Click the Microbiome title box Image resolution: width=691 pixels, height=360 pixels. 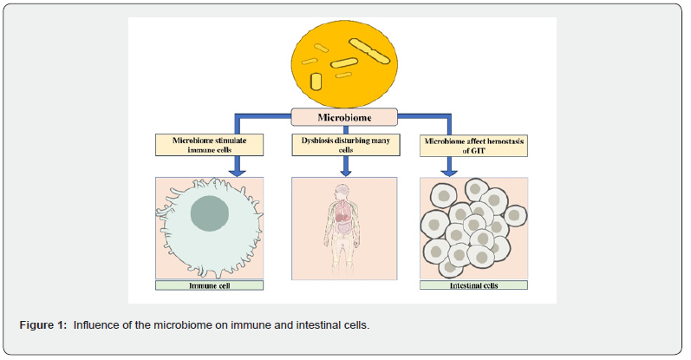click(343, 115)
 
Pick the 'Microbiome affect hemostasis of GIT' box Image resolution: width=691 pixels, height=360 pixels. click(473, 144)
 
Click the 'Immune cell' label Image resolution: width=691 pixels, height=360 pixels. click(209, 285)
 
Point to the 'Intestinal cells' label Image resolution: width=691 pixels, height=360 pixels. click(473, 285)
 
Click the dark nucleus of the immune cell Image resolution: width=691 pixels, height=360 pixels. click(206, 215)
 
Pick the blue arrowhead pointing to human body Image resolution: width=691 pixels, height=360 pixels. click(344, 168)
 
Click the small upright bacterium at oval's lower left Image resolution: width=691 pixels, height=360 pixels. click(316, 82)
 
